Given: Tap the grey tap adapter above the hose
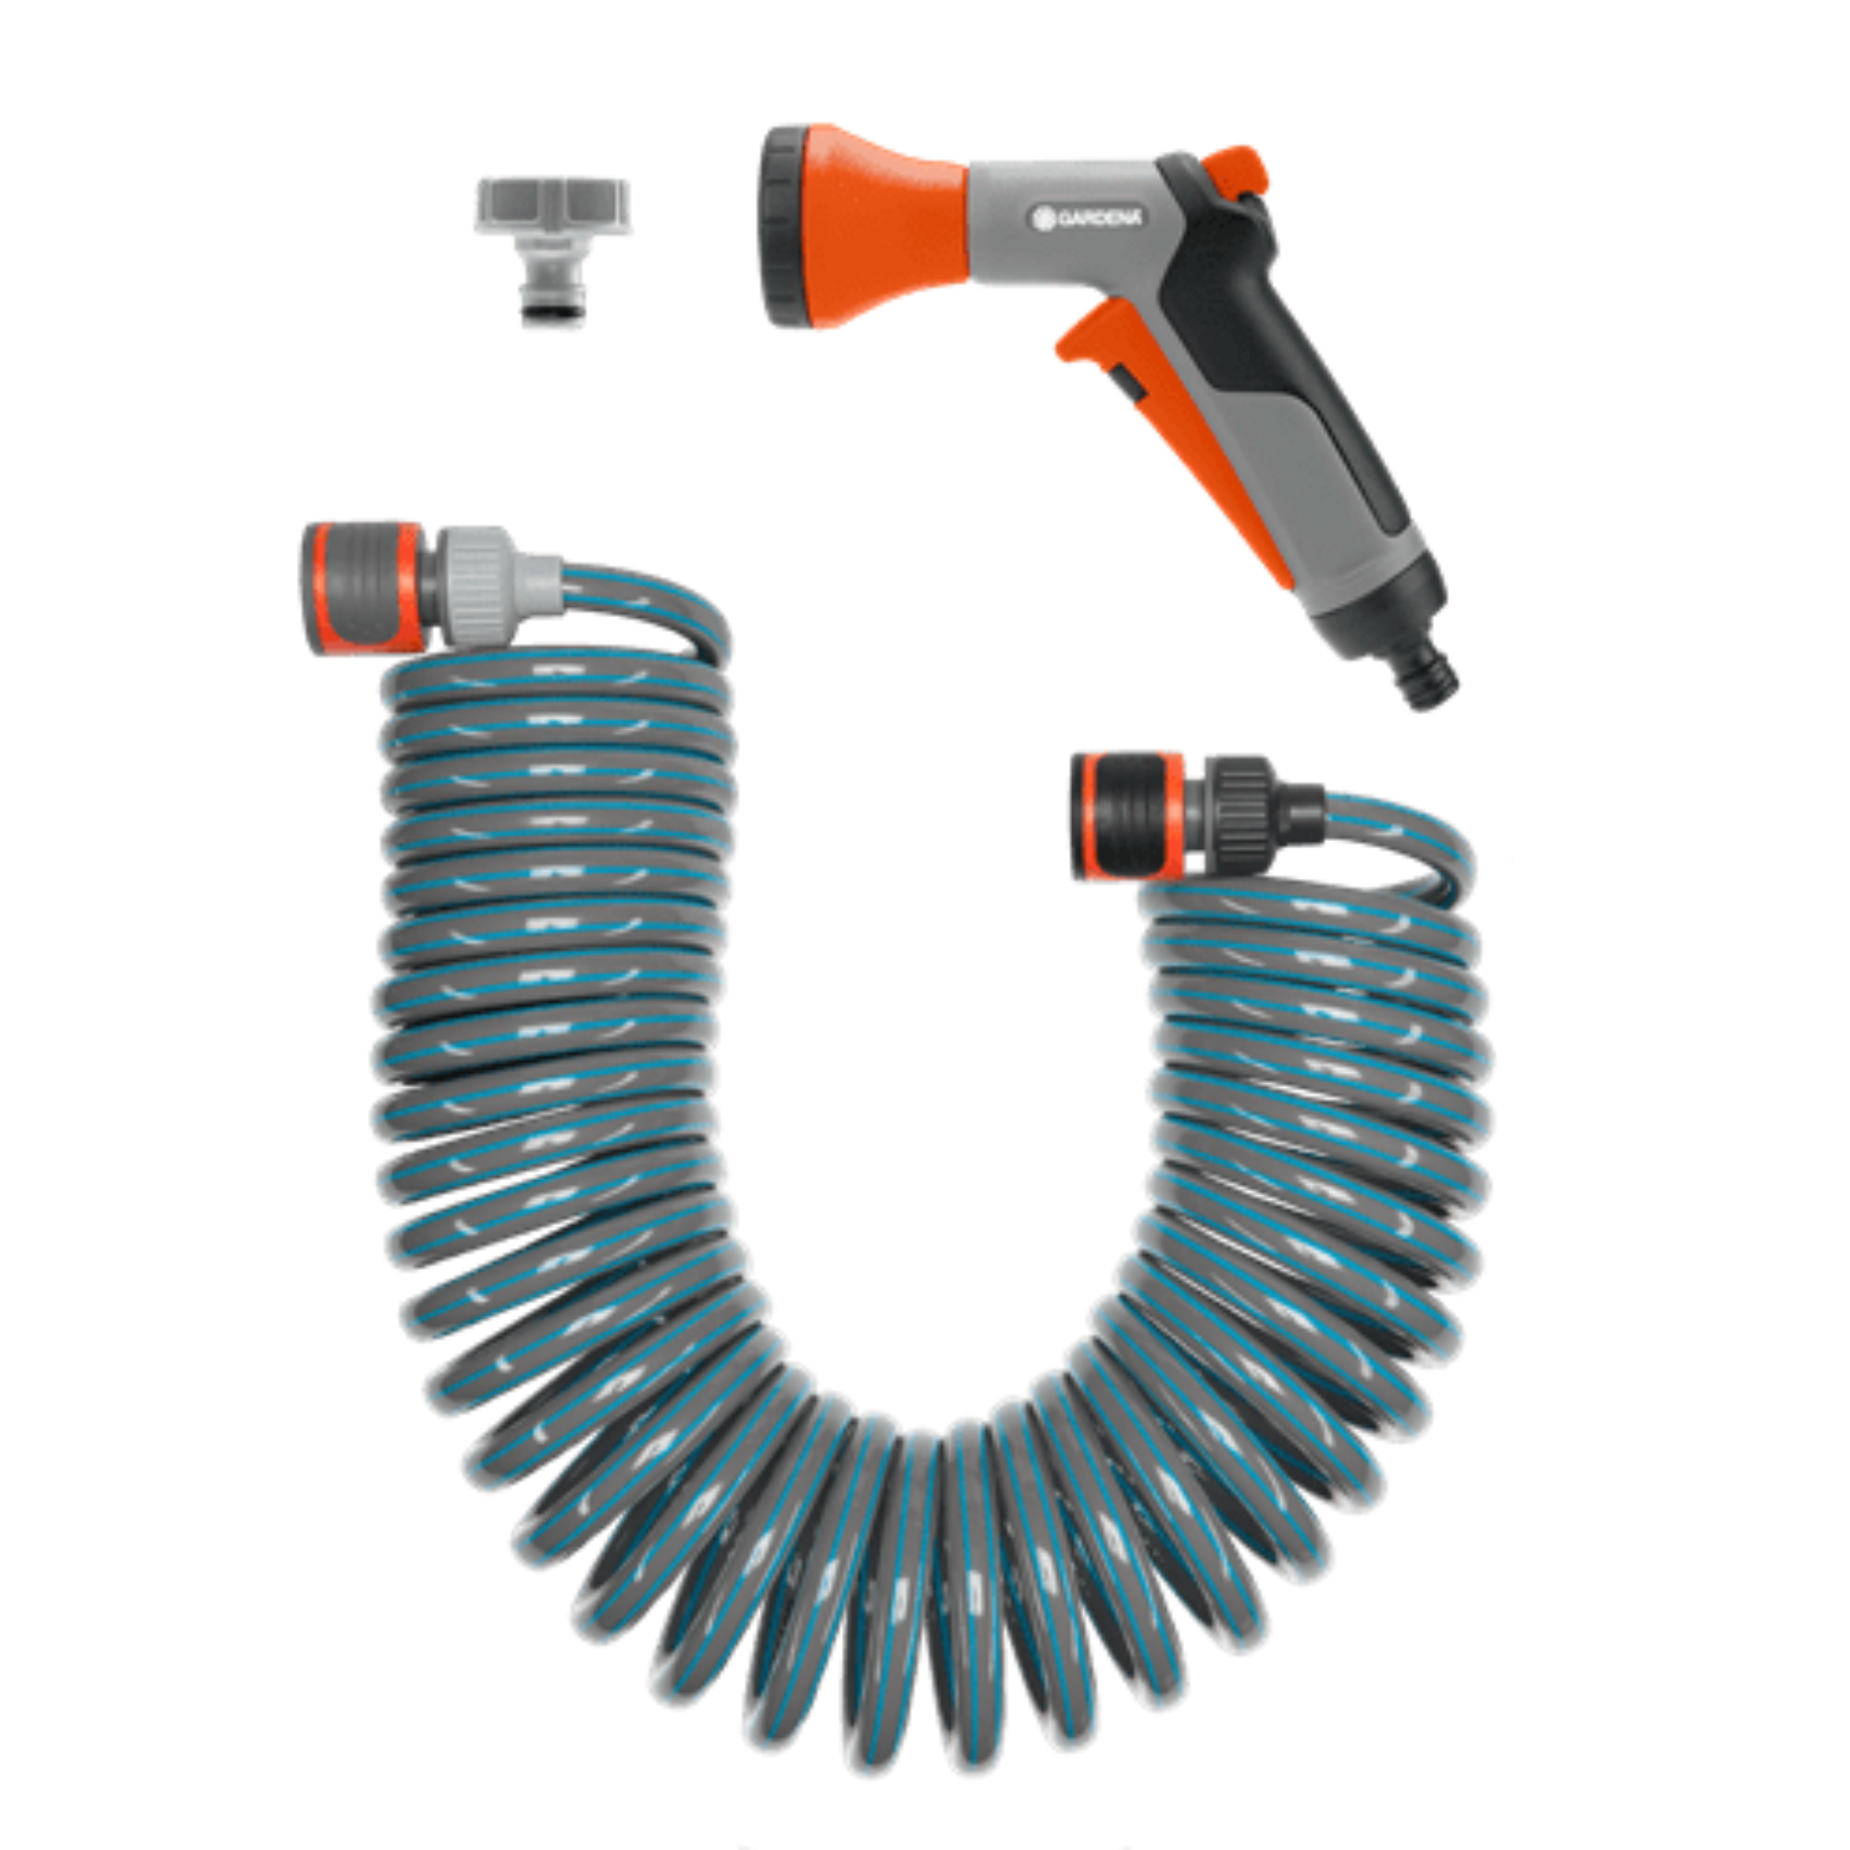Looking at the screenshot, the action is click(x=552, y=251).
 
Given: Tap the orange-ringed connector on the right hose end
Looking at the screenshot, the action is click(x=1131, y=816).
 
